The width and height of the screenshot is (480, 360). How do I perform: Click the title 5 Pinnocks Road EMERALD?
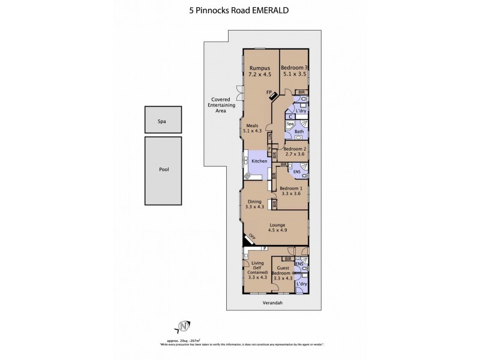239,10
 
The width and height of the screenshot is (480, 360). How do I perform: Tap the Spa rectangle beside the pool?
161,121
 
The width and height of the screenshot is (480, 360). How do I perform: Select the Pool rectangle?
164,170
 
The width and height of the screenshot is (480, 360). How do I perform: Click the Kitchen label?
259,161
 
